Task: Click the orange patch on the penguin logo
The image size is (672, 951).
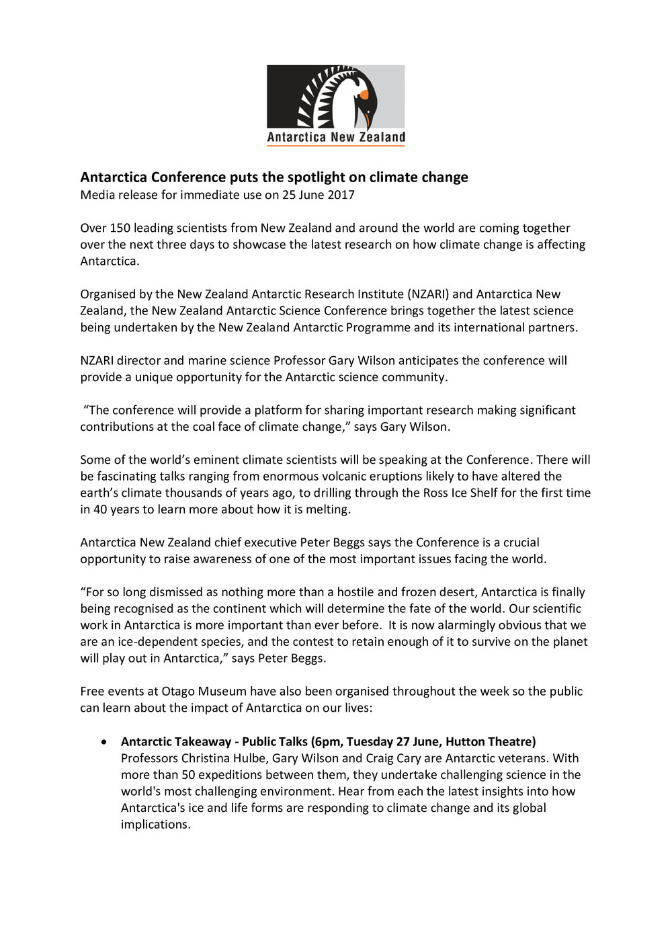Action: point(364,95)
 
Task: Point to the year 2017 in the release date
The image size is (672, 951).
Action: point(341,195)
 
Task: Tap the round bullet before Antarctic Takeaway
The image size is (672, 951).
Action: point(103,742)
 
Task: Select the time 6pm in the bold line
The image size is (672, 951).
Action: point(327,742)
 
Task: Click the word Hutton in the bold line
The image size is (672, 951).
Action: point(465,742)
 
